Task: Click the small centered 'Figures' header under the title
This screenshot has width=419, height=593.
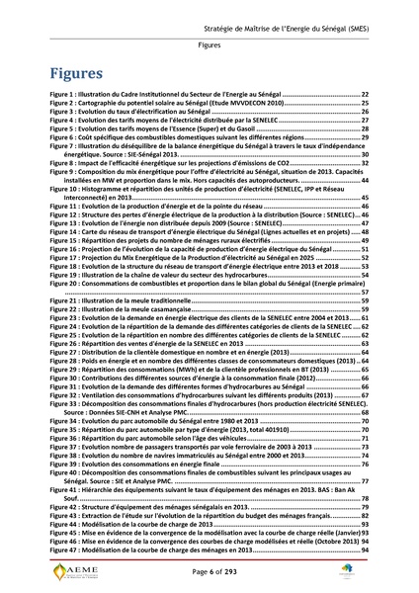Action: [x=209, y=45]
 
